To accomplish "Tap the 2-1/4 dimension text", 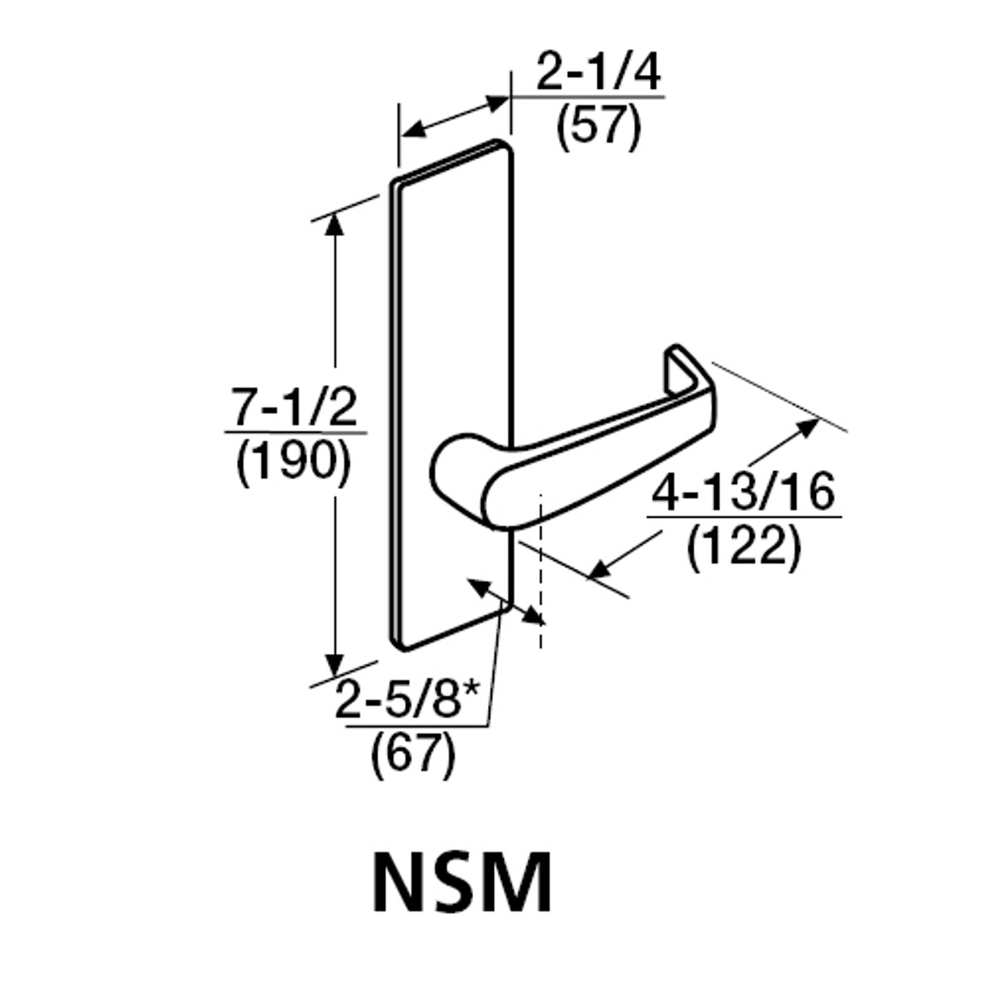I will (x=599, y=76).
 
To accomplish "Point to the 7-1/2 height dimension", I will (x=295, y=408).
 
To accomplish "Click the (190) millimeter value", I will (x=295, y=462).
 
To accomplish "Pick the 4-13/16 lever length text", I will (x=743, y=492).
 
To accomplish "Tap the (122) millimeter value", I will (x=743, y=547).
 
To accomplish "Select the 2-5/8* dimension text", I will (x=407, y=702).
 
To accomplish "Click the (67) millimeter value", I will (x=414, y=754).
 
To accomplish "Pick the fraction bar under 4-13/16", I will (x=743, y=516).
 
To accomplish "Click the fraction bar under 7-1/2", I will (x=295, y=433).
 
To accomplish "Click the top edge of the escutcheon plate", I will (x=452, y=163).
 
